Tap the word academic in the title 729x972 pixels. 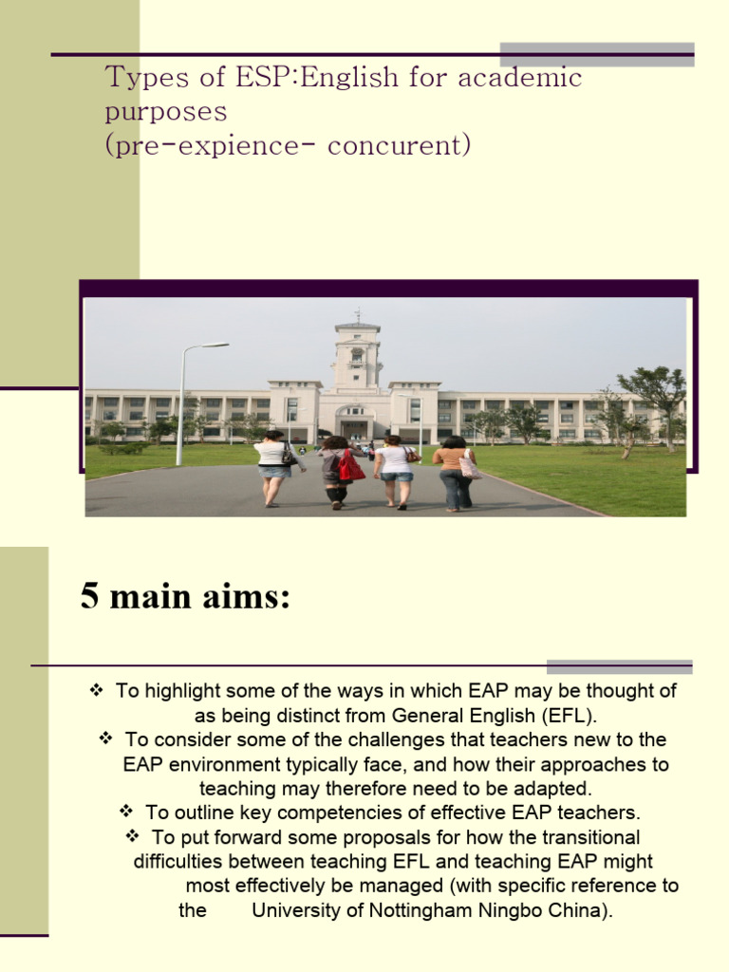(x=520, y=78)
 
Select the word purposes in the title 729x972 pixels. (x=166, y=112)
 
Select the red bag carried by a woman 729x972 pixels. (x=351, y=466)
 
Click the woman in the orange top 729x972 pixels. (x=453, y=472)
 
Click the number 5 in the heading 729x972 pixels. (x=90, y=600)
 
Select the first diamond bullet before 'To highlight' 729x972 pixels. (x=95, y=691)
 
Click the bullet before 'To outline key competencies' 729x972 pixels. (x=125, y=812)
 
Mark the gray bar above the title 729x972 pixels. (x=597, y=53)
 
